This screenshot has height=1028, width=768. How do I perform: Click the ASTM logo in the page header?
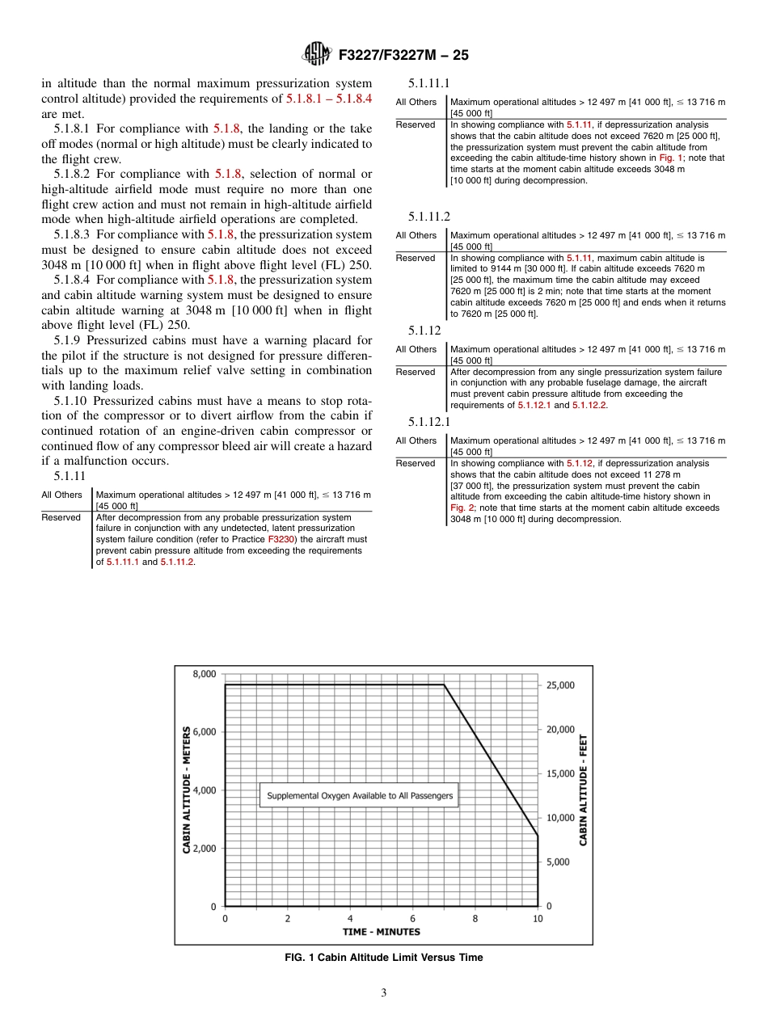[x=316, y=55]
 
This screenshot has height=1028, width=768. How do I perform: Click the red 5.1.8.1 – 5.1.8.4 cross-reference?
[x=329, y=99]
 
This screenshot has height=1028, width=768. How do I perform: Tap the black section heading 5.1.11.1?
[x=429, y=83]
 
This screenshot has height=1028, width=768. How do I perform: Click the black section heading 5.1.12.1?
[x=429, y=422]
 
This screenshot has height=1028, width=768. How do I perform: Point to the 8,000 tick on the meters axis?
[x=204, y=673]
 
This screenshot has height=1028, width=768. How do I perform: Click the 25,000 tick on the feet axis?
[x=560, y=685]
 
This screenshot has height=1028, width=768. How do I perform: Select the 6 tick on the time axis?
[x=412, y=918]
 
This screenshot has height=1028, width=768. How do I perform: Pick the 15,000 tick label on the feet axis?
[x=560, y=773]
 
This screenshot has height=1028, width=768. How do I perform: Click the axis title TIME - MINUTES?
[x=382, y=932]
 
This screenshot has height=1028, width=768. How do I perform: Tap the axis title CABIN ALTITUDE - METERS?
[x=187, y=789]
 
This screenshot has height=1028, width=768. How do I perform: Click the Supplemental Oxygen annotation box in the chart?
[x=360, y=795]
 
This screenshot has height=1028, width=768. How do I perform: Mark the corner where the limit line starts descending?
[x=444, y=685]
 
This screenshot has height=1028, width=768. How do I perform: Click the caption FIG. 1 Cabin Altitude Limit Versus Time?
[x=384, y=958]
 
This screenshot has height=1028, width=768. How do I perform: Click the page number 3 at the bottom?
[x=384, y=993]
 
